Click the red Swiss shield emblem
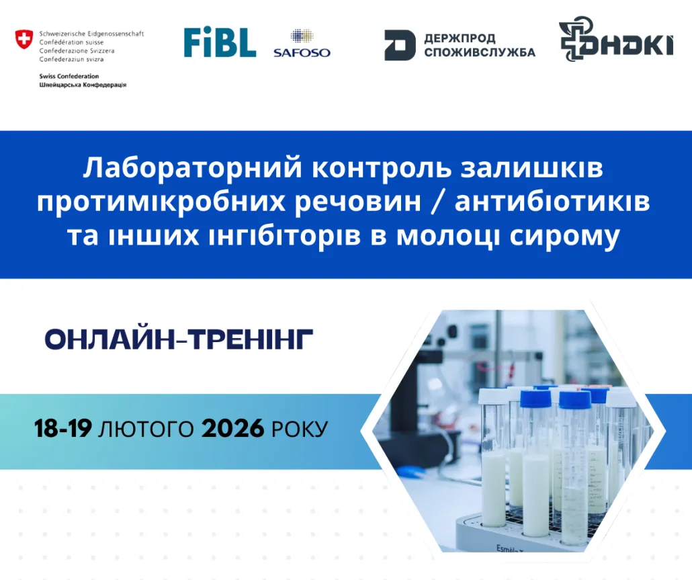click(24, 39)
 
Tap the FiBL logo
click(220, 42)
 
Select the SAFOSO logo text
click(302, 52)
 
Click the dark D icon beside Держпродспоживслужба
click(400, 45)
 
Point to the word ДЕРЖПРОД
click(460, 38)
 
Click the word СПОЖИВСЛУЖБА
click(480, 52)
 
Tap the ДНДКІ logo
click(616, 39)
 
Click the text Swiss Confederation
click(69, 76)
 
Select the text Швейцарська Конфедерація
click(83, 85)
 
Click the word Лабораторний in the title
click(192, 168)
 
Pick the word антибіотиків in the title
click(552, 201)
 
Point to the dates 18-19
click(63, 428)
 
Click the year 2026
click(232, 428)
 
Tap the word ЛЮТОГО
click(146, 429)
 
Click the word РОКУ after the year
click(300, 429)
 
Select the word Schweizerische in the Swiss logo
click(60, 34)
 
